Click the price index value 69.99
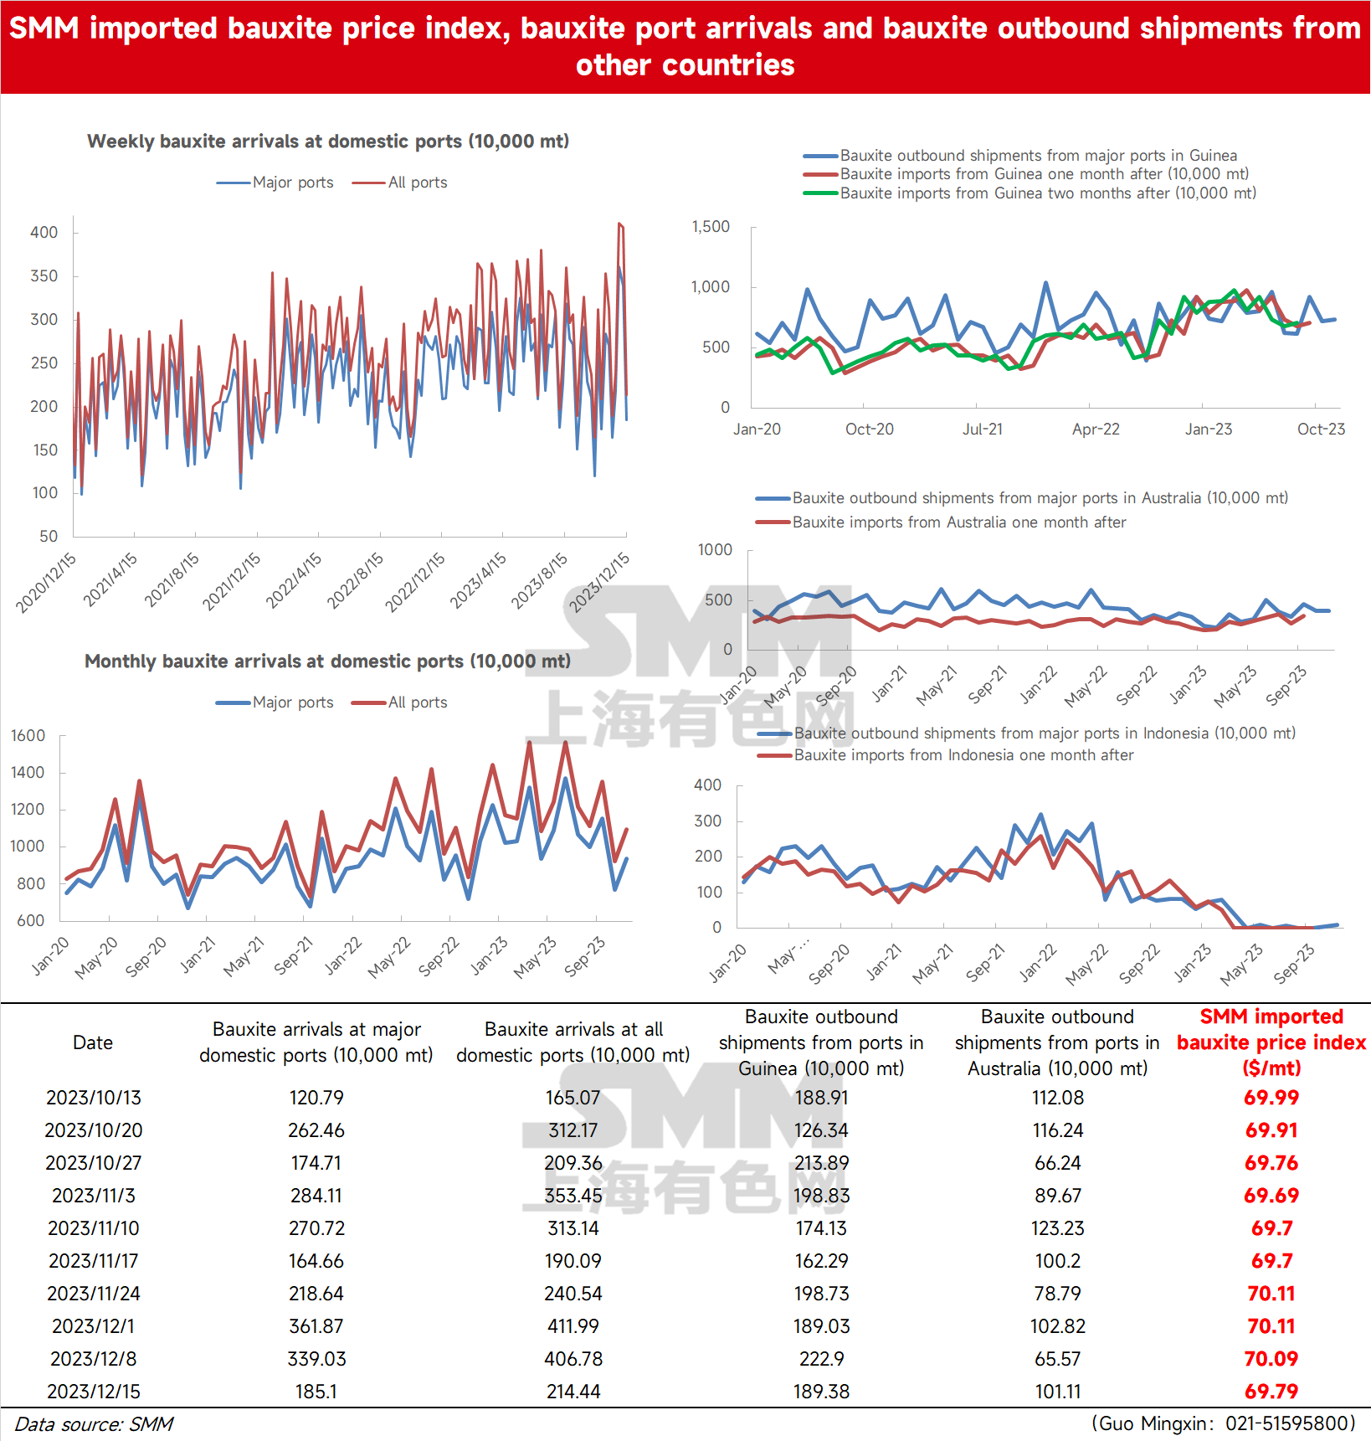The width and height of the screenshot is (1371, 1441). (x=1271, y=1098)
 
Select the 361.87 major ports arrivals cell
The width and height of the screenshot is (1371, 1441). (x=316, y=1326)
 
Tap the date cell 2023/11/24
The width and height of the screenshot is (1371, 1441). (x=94, y=1294)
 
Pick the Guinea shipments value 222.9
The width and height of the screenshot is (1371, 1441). (x=821, y=1359)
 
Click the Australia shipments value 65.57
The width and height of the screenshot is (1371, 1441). (x=1058, y=1359)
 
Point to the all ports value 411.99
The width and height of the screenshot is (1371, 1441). (x=573, y=1326)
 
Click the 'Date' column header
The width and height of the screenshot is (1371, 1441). (x=93, y=1042)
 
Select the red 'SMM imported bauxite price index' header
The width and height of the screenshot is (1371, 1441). (x=1271, y=1042)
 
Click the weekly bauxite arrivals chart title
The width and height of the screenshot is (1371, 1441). (x=328, y=142)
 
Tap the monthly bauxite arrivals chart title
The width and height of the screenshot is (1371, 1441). (x=327, y=661)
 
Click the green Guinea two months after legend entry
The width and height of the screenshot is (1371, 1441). (x=1030, y=193)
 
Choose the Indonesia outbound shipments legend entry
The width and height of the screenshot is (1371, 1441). (x=1026, y=733)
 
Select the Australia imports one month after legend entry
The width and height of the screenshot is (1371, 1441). (x=941, y=522)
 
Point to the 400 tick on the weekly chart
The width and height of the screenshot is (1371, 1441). (x=44, y=233)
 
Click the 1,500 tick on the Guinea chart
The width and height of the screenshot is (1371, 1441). (x=711, y=227)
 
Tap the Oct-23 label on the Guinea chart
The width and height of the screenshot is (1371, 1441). (x=1321, y=430)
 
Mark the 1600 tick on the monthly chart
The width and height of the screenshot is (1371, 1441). (x=28, y=736)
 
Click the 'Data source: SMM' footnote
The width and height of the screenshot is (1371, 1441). (x=94, y=1424)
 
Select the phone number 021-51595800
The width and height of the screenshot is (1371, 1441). (x=1291, y=1423)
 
